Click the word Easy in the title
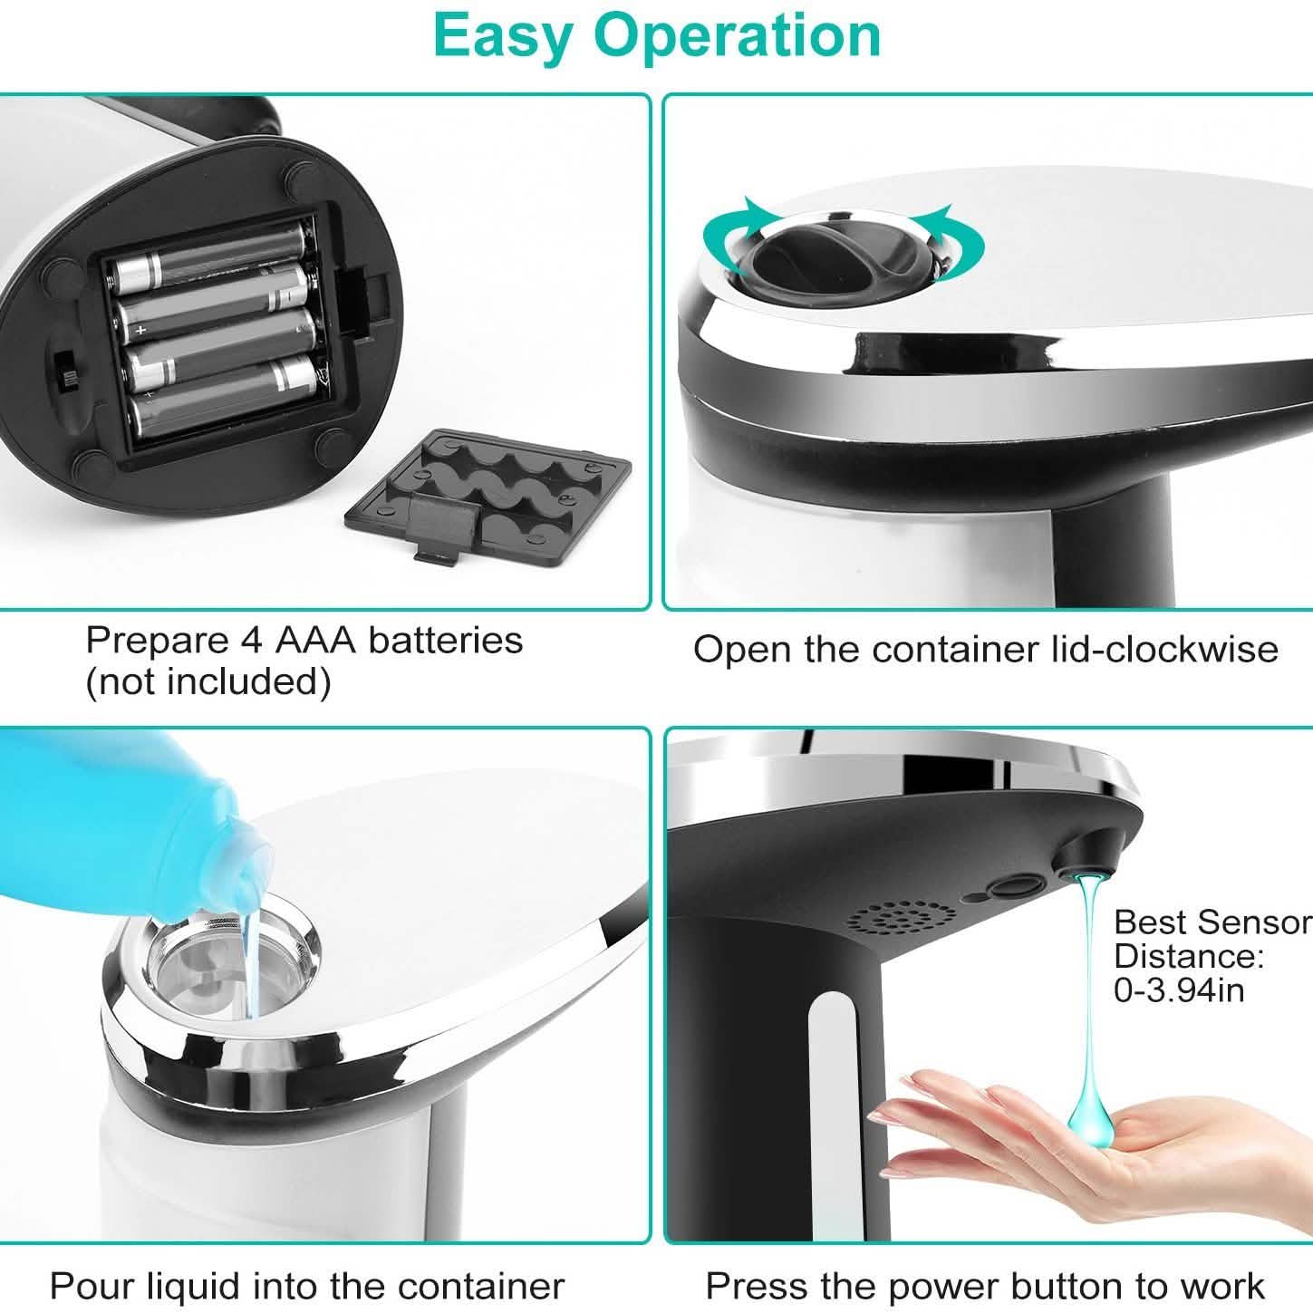click(502, 36)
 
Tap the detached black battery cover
click(489, 490)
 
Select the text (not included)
click(208, 681)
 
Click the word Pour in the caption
click(87, 1286)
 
